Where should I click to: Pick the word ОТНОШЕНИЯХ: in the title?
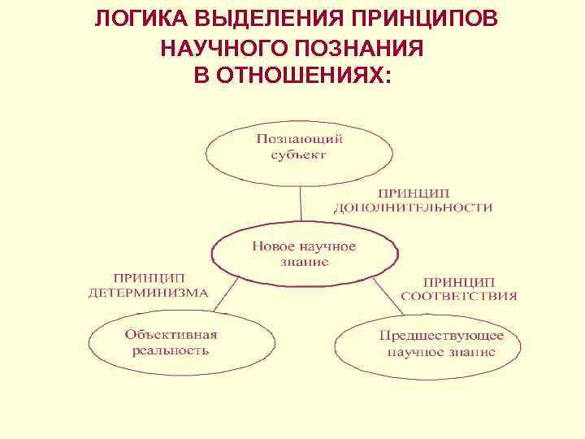click(312, 76)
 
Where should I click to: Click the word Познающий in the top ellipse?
click(299, 139)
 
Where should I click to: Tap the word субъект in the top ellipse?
click(298, 154)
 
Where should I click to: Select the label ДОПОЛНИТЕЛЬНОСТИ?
click(413, 207)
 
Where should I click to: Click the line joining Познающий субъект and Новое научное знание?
click(301, 203)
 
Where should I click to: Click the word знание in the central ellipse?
click(302, 262)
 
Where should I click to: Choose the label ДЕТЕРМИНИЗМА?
click(148, 293)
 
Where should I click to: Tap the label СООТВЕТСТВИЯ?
click(459, 296)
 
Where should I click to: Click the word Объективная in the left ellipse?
click(171, 333)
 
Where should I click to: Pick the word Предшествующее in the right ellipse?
click(441, 335)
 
